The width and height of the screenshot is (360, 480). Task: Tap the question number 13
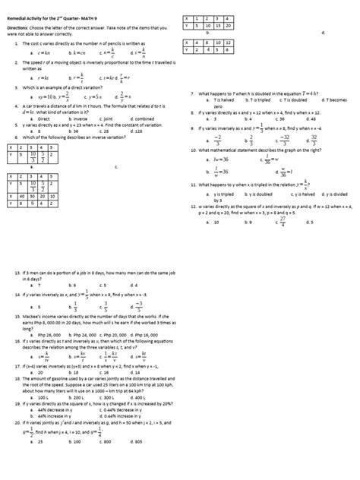(16, 271)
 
